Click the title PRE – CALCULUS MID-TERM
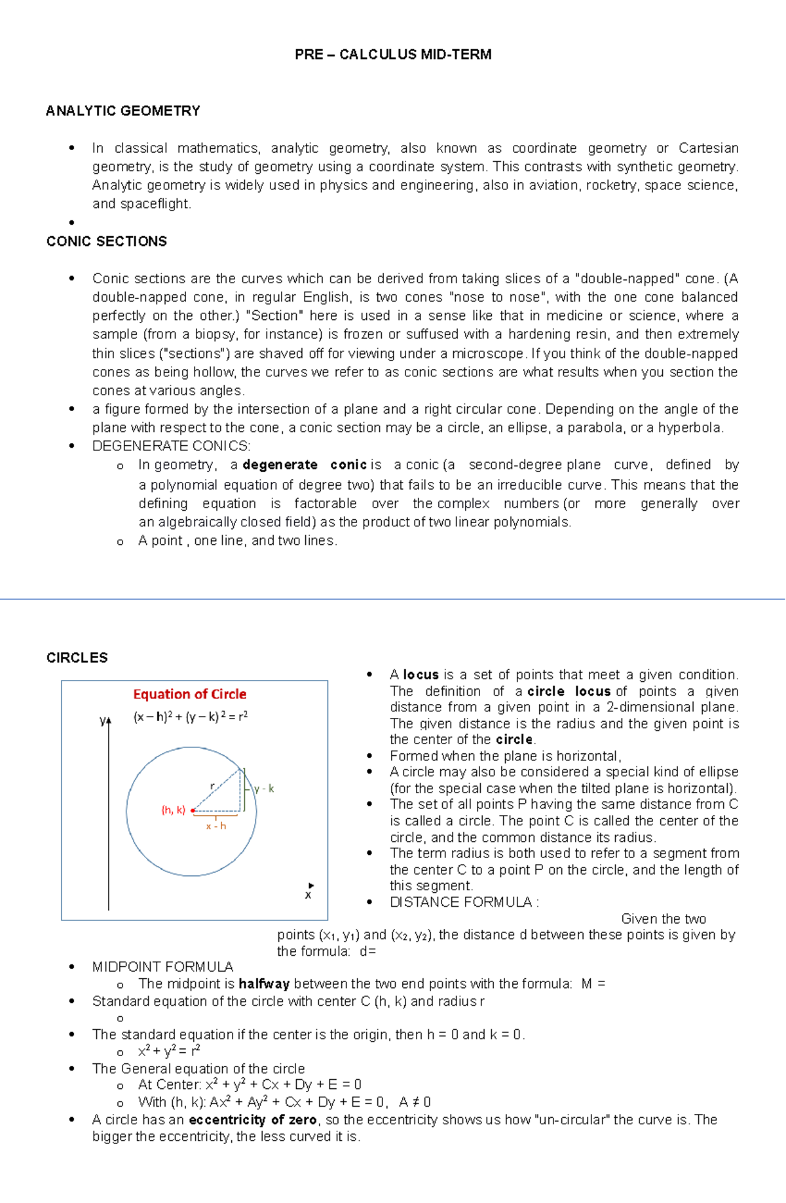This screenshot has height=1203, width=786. pos(393,54)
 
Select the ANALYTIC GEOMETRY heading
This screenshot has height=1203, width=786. pos(123,111)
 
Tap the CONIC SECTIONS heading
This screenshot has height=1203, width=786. pos(107,241)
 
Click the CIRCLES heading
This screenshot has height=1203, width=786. pos(77,658)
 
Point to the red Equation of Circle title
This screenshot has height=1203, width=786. pos(190,694)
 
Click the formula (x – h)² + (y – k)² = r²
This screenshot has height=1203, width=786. pos(191,717)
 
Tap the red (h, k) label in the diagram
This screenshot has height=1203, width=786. pos(174,810)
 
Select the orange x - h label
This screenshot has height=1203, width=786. pos(216,826)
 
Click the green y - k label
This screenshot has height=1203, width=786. pos(264,789)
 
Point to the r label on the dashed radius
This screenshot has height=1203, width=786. pos(212,785)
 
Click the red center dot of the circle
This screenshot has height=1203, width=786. pos(193,811)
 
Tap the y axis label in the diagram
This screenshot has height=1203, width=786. pos(103,720)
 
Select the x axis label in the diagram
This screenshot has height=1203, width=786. pos(308,895)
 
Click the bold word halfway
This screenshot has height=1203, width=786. pos(264,983)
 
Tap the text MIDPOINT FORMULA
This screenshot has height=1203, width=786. pos(162,967)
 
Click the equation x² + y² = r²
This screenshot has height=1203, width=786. pos(169,1052)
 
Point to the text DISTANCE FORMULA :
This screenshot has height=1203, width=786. pos(464,902)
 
